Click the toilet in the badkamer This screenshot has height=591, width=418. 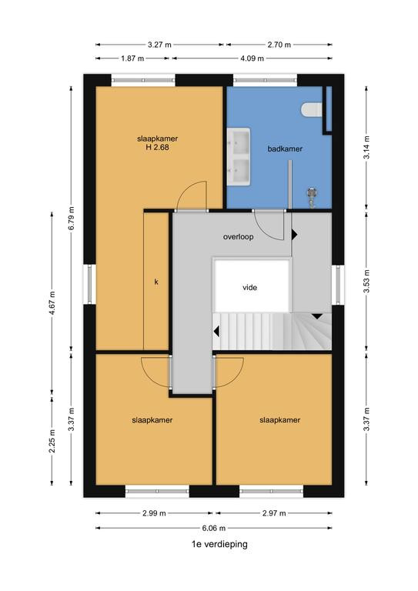312,110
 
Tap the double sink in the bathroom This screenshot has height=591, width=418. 239,156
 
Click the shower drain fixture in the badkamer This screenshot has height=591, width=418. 312,197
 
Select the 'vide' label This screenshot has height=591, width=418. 250,288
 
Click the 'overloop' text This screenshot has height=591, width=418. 238,237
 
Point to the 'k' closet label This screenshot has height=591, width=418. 156,282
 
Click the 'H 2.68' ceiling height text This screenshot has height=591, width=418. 158,148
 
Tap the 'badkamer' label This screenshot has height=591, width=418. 285,149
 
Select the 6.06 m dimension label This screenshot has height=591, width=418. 214,528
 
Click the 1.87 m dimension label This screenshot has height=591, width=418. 132,58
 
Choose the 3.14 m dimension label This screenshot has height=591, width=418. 366,147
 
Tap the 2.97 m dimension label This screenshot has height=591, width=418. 274,513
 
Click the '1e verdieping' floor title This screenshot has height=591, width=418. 219,544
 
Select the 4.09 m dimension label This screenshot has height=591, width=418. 252,58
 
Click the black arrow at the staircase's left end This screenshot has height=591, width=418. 216,332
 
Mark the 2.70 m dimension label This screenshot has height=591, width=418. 279,45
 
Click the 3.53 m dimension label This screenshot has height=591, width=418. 366,281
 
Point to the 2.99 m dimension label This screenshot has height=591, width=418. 155,513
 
